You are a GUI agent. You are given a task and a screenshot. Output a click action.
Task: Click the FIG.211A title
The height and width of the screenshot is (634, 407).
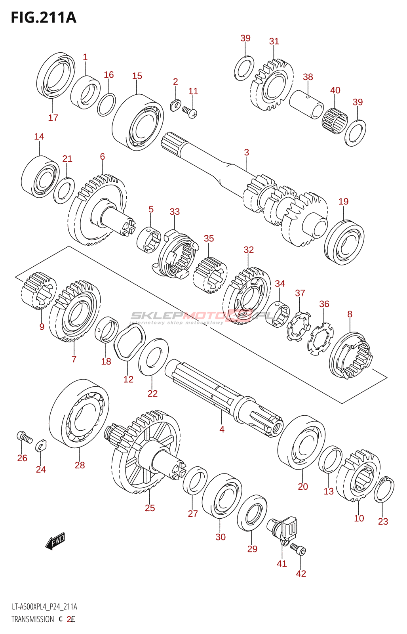coord(44,17)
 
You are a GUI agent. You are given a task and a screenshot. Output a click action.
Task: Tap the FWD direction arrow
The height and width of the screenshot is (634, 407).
coord(55,541)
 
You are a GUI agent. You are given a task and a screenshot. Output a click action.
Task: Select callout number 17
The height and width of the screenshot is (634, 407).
coord(53,118)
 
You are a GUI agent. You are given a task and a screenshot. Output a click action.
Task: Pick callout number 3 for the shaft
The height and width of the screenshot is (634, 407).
coord(246,152)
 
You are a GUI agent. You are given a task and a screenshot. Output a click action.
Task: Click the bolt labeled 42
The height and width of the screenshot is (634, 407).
coord(299,549)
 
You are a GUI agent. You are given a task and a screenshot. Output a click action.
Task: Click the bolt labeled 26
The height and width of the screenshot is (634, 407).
coord(24,437)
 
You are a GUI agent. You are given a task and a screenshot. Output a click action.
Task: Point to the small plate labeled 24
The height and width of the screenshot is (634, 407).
coord(41,446)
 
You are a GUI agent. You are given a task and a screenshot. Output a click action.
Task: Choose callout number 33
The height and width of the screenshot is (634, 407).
coord(175,212)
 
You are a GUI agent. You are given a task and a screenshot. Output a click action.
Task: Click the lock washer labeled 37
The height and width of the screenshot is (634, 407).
coord(299,326)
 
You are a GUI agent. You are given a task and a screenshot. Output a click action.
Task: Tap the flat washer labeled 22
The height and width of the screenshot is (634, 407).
coord(153,358)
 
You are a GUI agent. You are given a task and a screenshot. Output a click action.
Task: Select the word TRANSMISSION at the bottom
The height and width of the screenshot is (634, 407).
coord(32,619)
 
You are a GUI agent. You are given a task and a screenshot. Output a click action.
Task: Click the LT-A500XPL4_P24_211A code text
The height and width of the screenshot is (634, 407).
coord(44,607)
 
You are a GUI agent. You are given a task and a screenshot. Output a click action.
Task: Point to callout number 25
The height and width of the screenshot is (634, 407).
coord(150,508)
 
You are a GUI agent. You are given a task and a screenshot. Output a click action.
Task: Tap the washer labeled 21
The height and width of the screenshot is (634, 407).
coord(64,191)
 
